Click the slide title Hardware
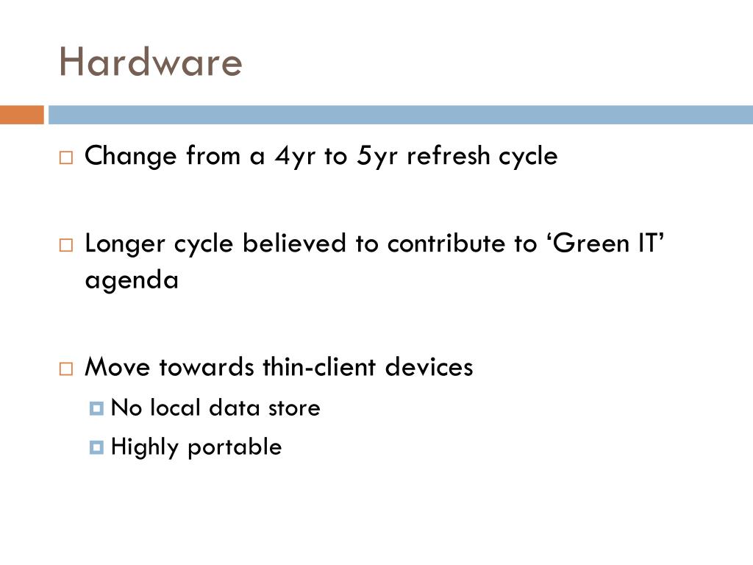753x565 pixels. click(150, 63)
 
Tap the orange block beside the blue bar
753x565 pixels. click(21, 116)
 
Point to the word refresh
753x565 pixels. click(449, 156)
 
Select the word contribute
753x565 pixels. click(445, 244)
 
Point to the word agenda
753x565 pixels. click(132, 281)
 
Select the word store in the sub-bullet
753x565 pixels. click(294, 408)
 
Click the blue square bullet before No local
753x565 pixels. click(96, 408)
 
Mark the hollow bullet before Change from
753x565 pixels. click(66, 157)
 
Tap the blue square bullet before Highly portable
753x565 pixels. click(96, 447)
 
